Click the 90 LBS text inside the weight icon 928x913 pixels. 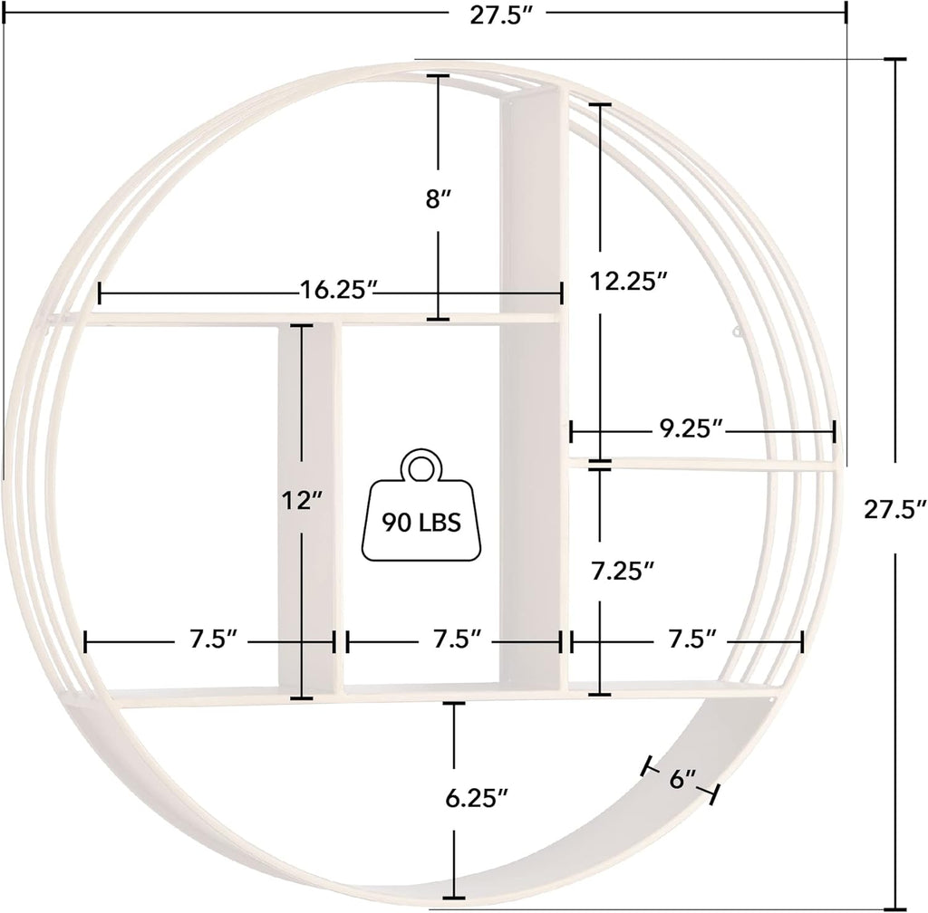tap(422, 523)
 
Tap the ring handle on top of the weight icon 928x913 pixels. tap(420, 468)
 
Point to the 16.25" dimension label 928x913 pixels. tap(337, 290)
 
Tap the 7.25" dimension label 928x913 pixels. tap(623, 571)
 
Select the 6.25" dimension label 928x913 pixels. tap(478, 797)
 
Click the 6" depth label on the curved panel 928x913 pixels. tap(682, 778)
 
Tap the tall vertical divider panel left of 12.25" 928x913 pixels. tap(534, 380)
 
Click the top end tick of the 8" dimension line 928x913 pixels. tap(439, 77)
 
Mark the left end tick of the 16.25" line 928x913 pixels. tap(99, 293)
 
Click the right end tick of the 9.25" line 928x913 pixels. tap(834, 430)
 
